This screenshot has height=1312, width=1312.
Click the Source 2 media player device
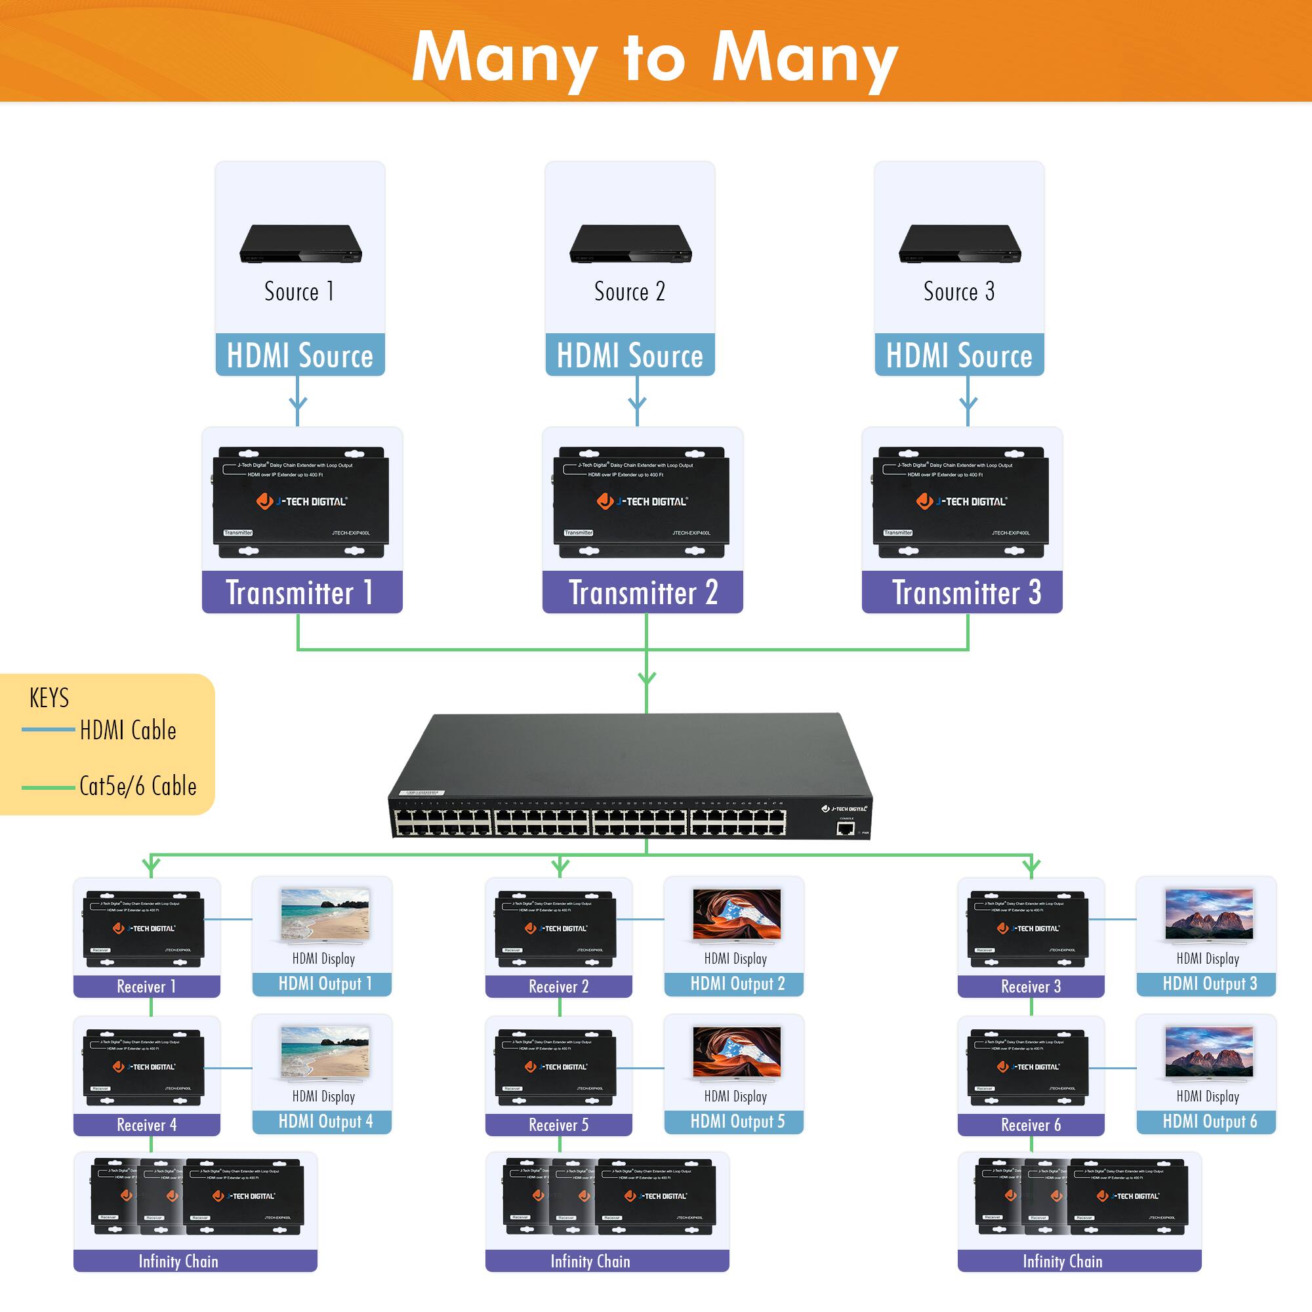(x=630, y=245)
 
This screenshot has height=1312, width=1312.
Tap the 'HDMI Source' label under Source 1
(x=300, y=355)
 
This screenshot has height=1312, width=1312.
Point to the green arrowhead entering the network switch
(x=647, y=678)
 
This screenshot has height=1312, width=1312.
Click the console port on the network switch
(x=845, y=829)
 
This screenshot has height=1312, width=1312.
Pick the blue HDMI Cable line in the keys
(x=47, y=730)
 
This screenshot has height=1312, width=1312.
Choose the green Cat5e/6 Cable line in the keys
(x=47, y=787)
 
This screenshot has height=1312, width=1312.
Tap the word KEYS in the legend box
(x=49, y=698)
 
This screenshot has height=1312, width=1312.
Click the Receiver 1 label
(x=147, y=987)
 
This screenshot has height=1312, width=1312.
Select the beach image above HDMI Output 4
(x=325, y=1053)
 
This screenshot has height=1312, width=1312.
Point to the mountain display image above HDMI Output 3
(x=1208, y=914)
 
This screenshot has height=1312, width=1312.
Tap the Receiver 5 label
(x=558, y=1125)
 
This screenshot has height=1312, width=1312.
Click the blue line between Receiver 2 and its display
(x=640, y=920)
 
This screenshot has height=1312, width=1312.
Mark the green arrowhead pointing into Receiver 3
(x=1031, y=867)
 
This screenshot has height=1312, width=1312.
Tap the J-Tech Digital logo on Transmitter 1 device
(x=302, y=501)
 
